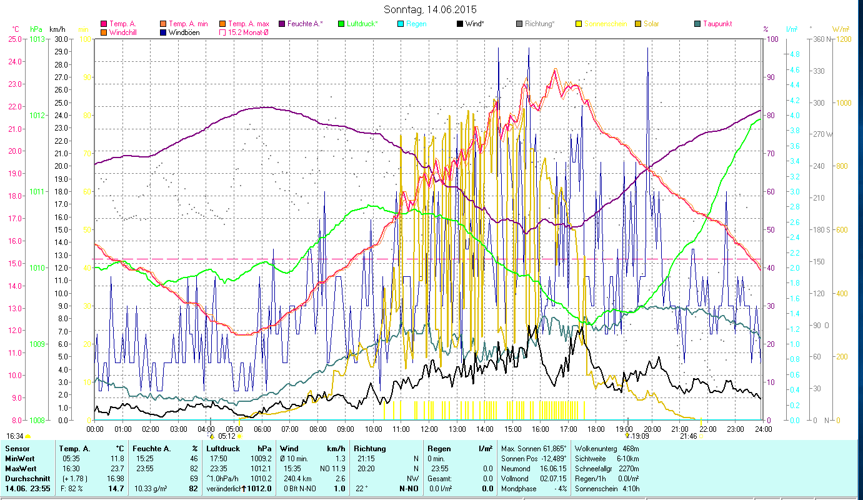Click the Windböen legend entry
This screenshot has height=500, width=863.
point(184,32)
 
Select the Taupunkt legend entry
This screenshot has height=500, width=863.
point(717,24)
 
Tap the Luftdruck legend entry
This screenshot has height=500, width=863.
point(362,24)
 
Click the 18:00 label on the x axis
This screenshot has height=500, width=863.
point(596,429)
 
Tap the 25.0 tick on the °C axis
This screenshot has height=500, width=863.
point(15,39)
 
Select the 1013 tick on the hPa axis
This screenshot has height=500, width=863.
point(37,39)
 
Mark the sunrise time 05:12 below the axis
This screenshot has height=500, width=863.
point(226,436)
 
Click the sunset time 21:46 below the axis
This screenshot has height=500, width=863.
point(688,436)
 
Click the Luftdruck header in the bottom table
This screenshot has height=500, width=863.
point(223,449)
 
